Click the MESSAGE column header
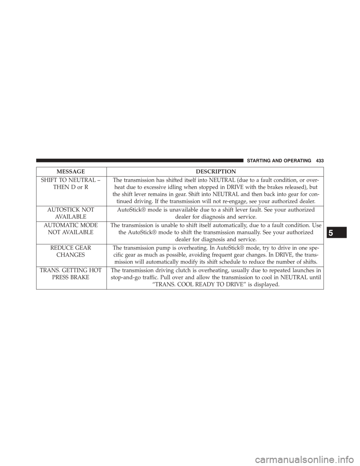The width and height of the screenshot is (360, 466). click(x=71, y=171)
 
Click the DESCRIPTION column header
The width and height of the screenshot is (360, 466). click(x=216, y=171)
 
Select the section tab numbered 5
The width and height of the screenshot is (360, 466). click(x=337, y=233)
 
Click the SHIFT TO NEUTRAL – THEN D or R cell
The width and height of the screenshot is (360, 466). click(x=71, y=183)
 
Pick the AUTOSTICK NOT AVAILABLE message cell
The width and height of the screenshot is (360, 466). click(x=71, y=213)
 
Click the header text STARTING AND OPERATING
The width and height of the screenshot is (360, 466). click(x=278, y=161)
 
